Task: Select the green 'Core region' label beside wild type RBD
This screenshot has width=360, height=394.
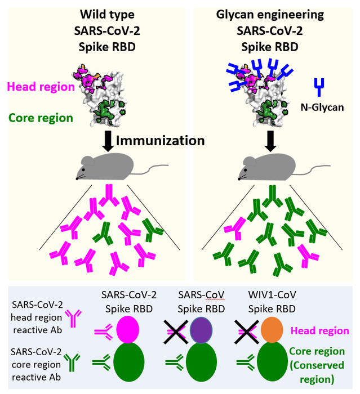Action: pos(40,118)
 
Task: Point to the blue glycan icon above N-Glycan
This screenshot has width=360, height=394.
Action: pos(319,87)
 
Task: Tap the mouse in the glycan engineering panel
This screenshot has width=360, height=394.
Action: pos(274,165)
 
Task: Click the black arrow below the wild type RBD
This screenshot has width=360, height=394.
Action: pos(107,138)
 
